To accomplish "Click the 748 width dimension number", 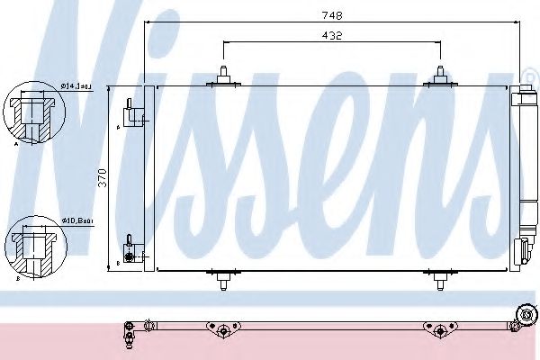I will (332, 15).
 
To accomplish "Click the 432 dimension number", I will (331, 35).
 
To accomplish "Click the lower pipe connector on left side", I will (131, 251).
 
